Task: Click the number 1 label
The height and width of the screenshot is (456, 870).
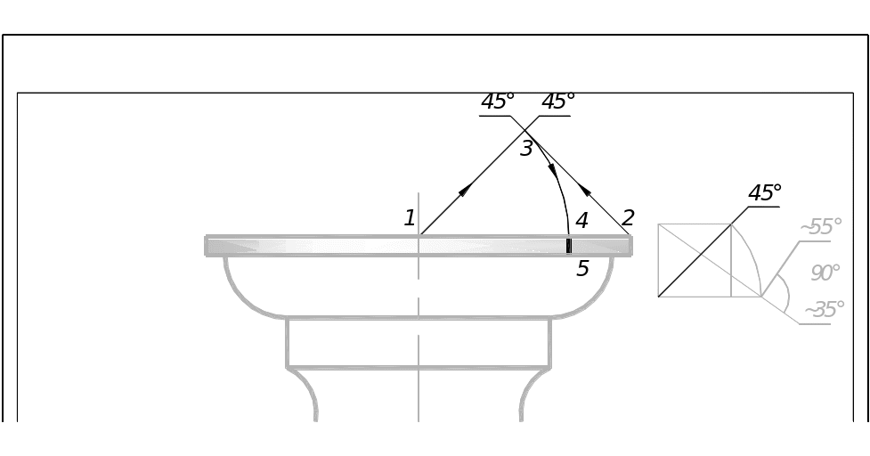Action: (x=410, y=217)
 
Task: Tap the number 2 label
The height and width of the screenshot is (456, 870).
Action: (x=629, y=217)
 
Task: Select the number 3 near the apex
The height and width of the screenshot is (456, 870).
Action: (x=526, y=149)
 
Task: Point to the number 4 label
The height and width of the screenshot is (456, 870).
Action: (x=581, y=220)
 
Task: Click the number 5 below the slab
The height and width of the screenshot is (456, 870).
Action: (x=582, y=267)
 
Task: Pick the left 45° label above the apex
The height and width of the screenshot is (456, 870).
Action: (x=498, y=102)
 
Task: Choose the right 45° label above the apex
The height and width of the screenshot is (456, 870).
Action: (x=557, y=102)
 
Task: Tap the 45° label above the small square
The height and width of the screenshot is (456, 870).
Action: (x=764, y=192)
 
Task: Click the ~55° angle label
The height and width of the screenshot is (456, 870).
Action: (x=821, y=227)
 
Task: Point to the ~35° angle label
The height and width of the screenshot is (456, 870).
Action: (x=824, y=310)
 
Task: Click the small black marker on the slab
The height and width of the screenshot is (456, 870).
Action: (x=569, y=246)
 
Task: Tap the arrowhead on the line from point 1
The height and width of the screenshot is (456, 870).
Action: (x=466, y=189)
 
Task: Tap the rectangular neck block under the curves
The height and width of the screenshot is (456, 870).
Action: (x=419, y=343)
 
